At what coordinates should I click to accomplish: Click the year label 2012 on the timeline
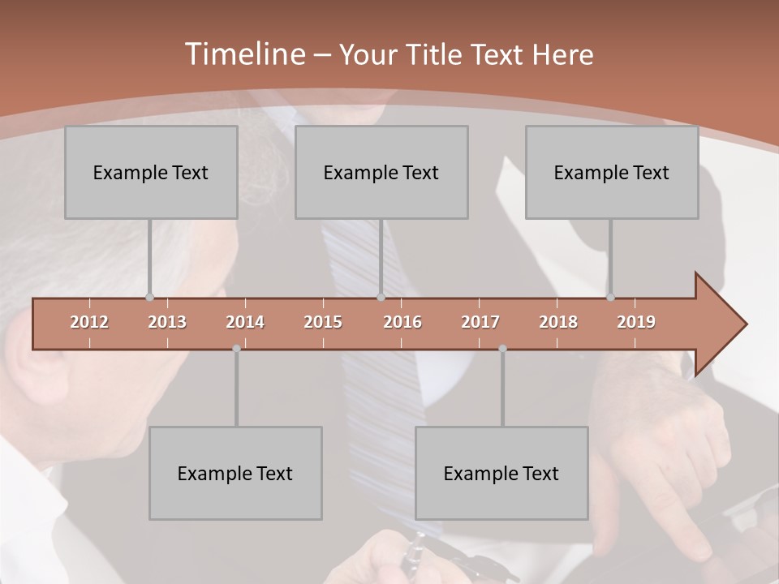click(x=89, y=322)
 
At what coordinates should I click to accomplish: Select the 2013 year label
click(x=167, y=322)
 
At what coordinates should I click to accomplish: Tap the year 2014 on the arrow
click(x=245, y=322)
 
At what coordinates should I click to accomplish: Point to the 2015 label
click(x=323, y=322)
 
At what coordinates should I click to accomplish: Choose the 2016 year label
click(x=402, y=322)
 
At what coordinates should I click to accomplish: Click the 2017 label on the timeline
click(x=480, y=322)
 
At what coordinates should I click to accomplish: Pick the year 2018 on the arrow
click(x=558, y=322)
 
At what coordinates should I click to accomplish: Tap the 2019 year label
click(x=636, y=322)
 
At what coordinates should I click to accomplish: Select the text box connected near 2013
click(x=151, y=172)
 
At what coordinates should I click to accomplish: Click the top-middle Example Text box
click(x=381, y=172)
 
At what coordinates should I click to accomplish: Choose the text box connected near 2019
click(x=612, y=172)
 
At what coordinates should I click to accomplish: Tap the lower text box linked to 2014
click(x=235, y=473)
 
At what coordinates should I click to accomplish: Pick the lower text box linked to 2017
click(x=501, y=473)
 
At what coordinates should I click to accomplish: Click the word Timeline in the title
click(x=244, y=54)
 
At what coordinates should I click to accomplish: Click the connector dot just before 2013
click(x=149, y=297)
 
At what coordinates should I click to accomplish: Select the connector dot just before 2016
click(x=381, y=297)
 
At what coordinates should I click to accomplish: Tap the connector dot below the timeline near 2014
click(x=236, y=349)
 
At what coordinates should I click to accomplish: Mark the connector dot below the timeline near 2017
click(x=502, y=349)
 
